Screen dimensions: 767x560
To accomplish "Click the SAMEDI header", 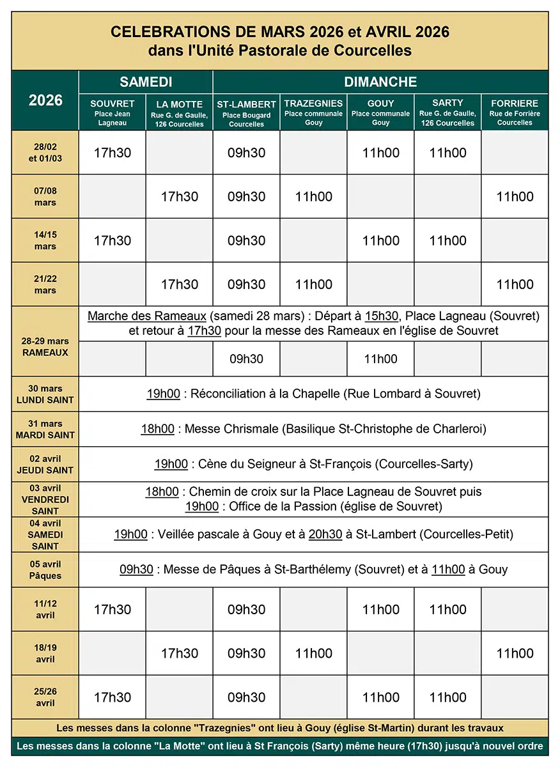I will coord(146,82).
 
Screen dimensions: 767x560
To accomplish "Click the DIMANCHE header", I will coord(380,82).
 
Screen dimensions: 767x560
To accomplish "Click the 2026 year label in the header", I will coord(45,100).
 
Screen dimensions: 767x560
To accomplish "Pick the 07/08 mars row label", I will coord(45,196).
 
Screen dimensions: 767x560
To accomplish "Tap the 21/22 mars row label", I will coord(45,284).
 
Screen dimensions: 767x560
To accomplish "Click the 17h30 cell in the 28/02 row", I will coord(113,153).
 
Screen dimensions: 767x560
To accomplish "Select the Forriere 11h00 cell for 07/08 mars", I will coord(515,196).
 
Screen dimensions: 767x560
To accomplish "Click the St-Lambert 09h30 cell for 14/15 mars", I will coord(247,240).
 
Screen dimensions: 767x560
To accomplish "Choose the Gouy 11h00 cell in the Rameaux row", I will coord(380,359).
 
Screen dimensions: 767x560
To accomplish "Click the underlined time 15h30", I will coord(382,316).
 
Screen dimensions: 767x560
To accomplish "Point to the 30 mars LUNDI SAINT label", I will coord(45,394).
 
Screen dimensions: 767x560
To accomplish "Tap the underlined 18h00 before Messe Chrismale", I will coord(158,429).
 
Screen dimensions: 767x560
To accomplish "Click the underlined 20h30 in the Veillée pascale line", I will coord(325,534).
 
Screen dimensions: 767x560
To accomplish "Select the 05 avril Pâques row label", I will coord(45,569).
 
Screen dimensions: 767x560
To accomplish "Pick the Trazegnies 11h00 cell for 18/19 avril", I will coord(313,653).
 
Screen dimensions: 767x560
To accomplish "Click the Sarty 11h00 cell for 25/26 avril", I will coord(447,697).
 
